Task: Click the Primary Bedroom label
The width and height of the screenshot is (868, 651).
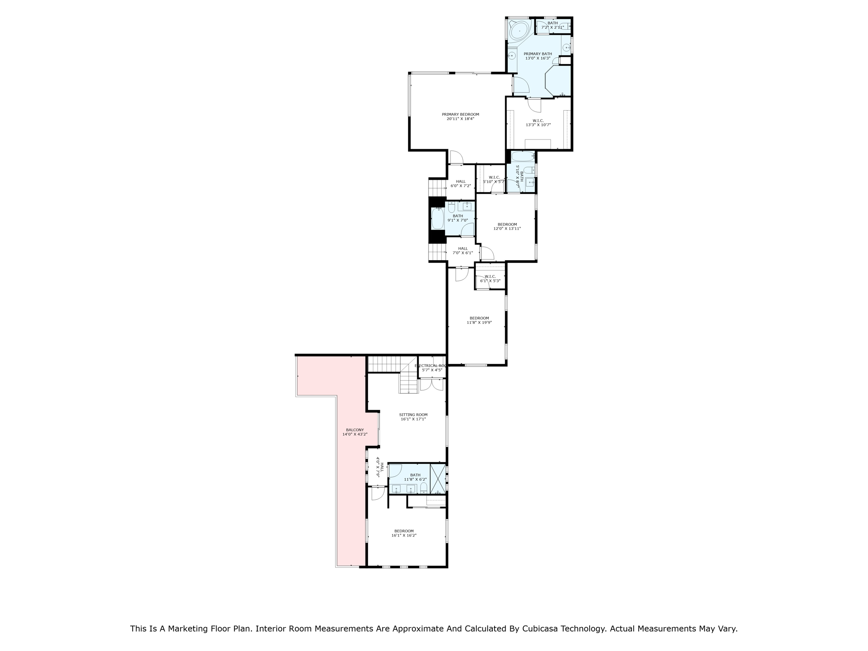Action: (x=460, y=114)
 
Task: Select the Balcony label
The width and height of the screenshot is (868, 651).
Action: (x=355, y=430)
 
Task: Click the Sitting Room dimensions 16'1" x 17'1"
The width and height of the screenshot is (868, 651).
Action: (x=413, y=419)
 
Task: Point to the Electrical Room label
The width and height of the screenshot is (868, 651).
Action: (x=431, y=365)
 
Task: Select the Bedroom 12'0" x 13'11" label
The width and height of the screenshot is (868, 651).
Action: (x=507, y=224)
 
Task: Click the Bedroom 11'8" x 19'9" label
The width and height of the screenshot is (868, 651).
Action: (x=479, y=318)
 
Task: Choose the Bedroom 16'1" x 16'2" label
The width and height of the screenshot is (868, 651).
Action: (x=404, y=531)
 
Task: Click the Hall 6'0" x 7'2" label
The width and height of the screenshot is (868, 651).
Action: (x=461, y=181)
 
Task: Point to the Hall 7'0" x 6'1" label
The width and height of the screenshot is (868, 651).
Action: (x=463, y=248)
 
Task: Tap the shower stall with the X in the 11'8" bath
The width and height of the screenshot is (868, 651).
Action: (x=438, y=479)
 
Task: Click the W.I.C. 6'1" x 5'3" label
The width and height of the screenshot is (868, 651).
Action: (x=490, y=276)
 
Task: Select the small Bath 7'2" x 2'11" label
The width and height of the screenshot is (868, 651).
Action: (x=552, y=23)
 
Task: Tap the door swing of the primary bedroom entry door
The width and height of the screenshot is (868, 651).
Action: (x=456, y=158)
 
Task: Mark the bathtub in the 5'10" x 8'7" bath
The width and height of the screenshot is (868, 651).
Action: (x=522, y=157)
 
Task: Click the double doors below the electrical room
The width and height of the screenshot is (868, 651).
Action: (x=431, y=384)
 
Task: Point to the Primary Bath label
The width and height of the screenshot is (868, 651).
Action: (x=538, y=54)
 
